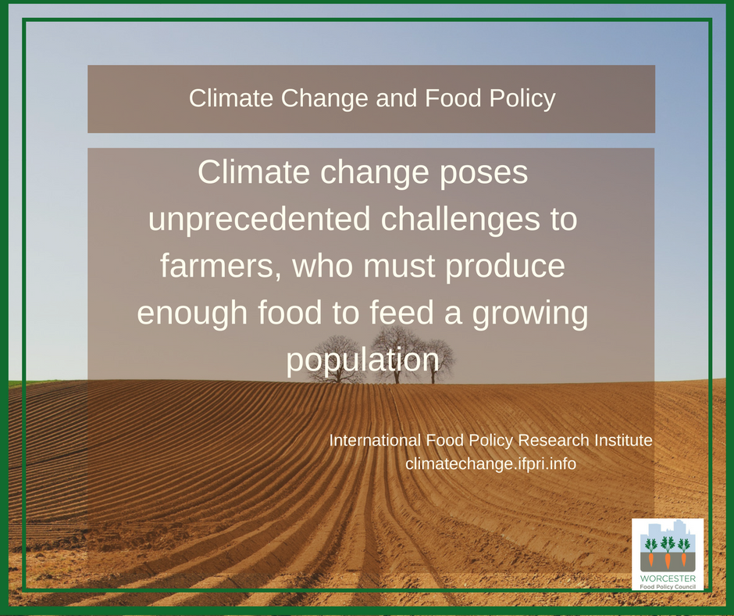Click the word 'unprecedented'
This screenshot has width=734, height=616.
click(259, 219)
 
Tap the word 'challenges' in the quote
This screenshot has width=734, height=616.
click(460, 219)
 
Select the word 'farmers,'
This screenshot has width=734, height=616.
click(221, 265)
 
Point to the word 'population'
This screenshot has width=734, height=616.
click(363, 360)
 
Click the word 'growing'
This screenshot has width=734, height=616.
click(530, 313)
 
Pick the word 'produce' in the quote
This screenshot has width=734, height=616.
click(505, 266)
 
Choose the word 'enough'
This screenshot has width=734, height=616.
click(192, 312)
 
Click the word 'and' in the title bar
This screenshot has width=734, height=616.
click(397, 98)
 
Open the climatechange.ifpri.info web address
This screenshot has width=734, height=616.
click(490, 464)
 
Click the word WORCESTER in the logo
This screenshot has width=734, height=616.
click(668, 578)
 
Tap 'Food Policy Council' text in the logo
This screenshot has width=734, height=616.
click(668, 587)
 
